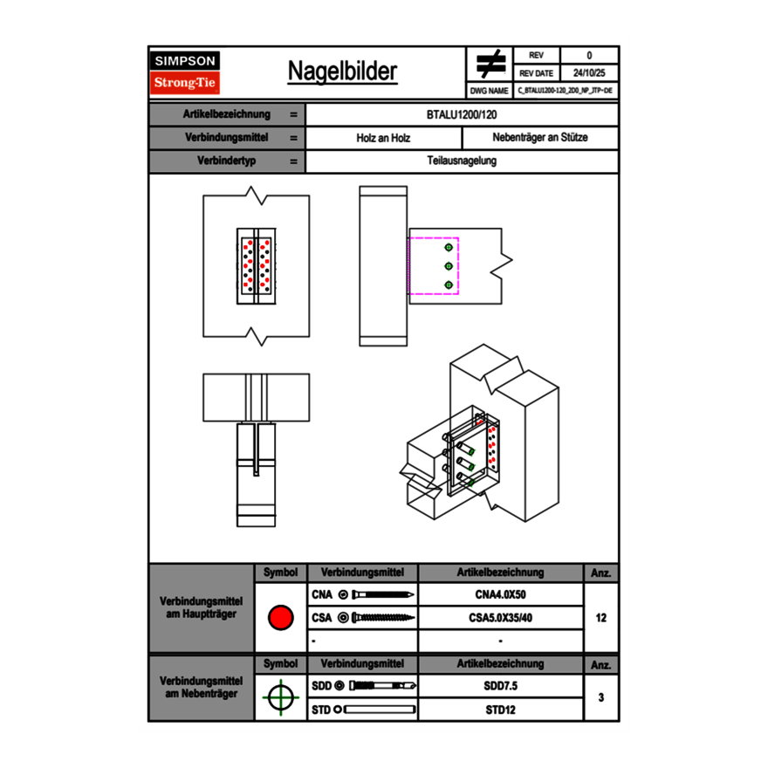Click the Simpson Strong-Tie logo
(x=185, y=72)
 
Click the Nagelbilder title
(x=342, y=72)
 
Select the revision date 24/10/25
(x=589, y=73)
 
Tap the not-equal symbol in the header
(x=490, y=65)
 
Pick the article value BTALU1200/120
(x=463, y=114)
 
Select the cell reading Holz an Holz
(x=383, y=138)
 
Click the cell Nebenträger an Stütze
(x=540, y=138)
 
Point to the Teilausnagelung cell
(x=463, y=161)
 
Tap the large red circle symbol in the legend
(x=280, y=618)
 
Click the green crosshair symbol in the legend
(x=280, y=697)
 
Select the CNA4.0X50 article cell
(x=500, y=595)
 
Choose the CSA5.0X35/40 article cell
(x=500, y=618)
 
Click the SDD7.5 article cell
(x=500, y=686)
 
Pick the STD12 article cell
(x=500, y=710)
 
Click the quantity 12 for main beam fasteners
(x=601, y=618)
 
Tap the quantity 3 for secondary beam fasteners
(x=601, y=697)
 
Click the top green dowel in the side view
(x=449, y=246)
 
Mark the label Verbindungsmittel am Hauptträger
(x=201, y=608)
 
